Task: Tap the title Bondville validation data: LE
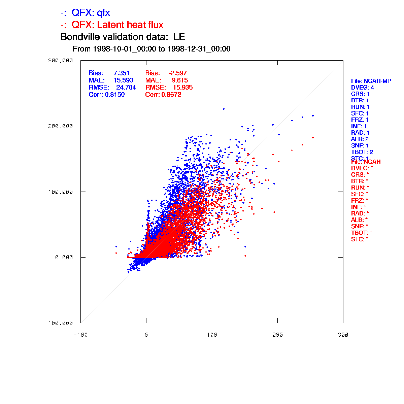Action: tap(123, 37)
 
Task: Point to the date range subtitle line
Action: tap(151, 49)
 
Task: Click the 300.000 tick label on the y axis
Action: tap(61, 61)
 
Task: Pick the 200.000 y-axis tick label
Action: tap(61, 126)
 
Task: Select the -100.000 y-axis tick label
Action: tap(59, 323)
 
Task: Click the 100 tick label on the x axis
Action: tap(212, 335)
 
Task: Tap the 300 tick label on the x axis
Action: tap(343, 335)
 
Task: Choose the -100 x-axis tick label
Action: tap(80, 335)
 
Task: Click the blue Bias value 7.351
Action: tap(122, 73)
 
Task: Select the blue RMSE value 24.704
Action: tap(126, 88)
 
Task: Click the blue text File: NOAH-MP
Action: tap(371, 81)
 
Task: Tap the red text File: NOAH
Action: tap(366, 162)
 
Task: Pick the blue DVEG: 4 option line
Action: tap(363, 88)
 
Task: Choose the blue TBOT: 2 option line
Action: tap(362, 152)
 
